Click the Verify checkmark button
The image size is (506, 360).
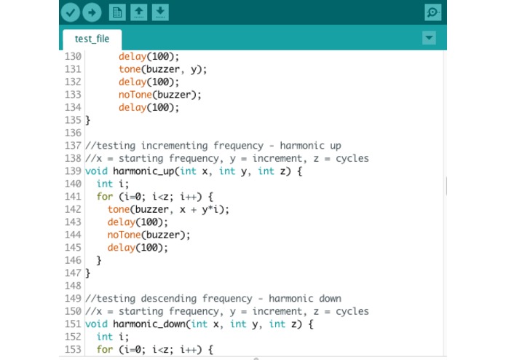[x=71, y=12]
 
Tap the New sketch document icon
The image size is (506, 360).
[x=117, y=12]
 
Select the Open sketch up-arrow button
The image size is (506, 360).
[x=139, y=12]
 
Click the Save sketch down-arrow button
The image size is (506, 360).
[x=160, y=12]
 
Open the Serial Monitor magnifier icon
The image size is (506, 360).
[x=432, y=12]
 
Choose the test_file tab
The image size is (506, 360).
[x=92, y=39]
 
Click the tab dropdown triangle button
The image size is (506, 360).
[x=429, y=38]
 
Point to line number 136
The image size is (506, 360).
[x=73, y=133]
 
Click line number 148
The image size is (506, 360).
[x=73, y=286]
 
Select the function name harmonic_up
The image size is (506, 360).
[x=143, y=171]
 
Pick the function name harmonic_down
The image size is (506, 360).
[x=149, y=324]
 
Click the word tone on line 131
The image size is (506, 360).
[x=130, y=69]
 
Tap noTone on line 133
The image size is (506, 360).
[x=135, y=95]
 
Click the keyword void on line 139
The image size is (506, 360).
[x=96, y=171]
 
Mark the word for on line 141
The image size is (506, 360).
[x=105, y=197]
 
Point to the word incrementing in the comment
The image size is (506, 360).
[x=174, y=146]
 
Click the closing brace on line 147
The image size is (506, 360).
[x=88, y=273]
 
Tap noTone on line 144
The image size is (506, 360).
[x=124, y=235]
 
